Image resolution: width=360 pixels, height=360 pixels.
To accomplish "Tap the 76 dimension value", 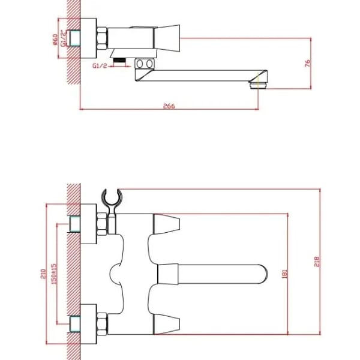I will (307, 64).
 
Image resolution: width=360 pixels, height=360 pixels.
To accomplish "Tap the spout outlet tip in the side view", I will (260, 82).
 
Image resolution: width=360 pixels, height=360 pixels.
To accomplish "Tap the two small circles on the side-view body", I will (144, 64).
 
